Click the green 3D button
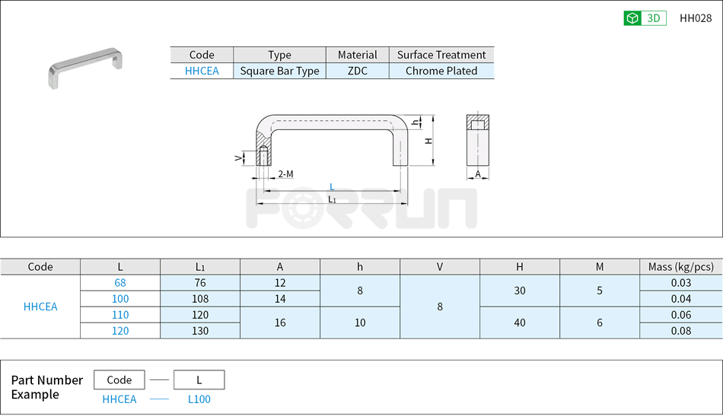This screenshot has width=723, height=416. pos(645,18)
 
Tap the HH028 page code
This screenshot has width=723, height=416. pos(695,18)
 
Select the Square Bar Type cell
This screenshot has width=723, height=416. pos(279,71)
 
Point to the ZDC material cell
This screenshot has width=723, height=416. pos(357,71)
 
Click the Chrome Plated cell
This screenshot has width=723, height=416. pos(441,71)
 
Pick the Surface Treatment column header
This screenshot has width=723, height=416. pos(441,55)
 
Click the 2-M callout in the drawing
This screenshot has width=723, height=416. pos(285,174)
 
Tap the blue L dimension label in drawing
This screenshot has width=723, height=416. pos(332,186)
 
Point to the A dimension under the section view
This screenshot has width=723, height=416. pos(478,174)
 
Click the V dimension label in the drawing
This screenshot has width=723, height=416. pos(238,157)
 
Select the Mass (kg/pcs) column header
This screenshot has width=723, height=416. pos(680,266)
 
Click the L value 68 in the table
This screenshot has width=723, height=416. pos(120,283)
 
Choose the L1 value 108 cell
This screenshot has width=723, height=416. pos(200,299)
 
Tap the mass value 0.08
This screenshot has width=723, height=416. pos(680,331)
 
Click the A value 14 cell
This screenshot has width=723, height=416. pos(280,299)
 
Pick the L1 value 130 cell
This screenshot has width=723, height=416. pos(200,331)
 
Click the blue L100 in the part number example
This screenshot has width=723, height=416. pos(199,399)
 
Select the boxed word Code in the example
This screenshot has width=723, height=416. pos(119,380)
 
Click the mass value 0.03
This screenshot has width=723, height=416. pos(680,283)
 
